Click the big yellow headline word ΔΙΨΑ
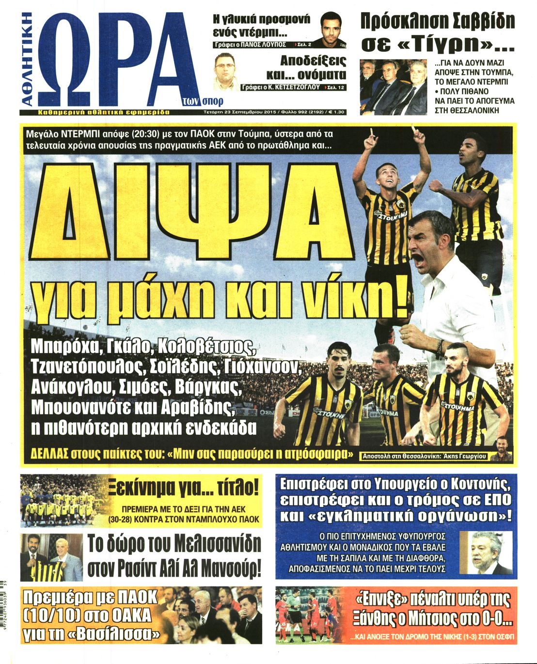click(194, 208)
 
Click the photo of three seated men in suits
click(393, 87)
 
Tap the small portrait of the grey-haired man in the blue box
click(485, 553)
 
